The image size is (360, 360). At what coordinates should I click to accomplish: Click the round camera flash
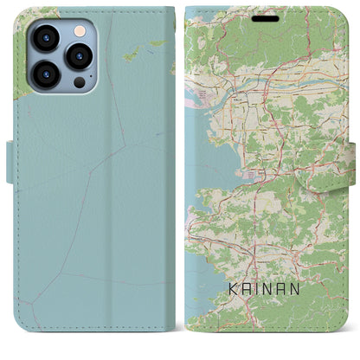[x=79, y=30]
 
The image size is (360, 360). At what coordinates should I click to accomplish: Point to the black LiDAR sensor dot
[x=79, y=82]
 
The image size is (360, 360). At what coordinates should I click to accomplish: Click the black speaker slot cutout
[x=266, y=17]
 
